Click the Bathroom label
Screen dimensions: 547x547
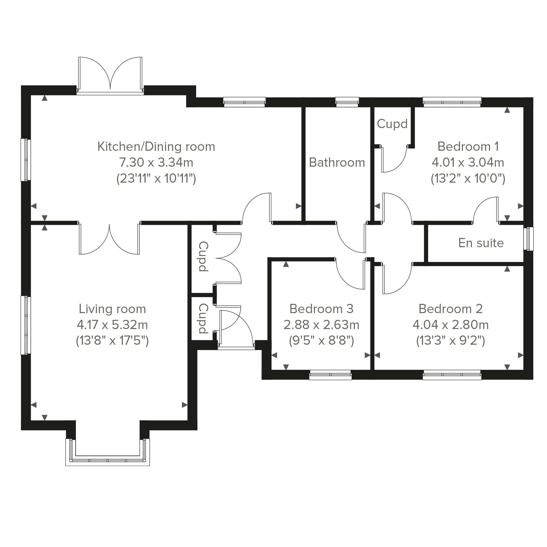pyautogui.click(x=337, y=163)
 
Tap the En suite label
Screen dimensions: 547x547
pyautogui.click(x=481, y=243)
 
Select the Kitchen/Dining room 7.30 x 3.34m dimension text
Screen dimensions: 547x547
pyautogui.click(x=156, y=163)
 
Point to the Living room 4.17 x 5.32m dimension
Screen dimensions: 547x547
pyautogui.click(x=112, y=325)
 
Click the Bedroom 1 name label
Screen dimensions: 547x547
pyautogui.click(x=468, y=146)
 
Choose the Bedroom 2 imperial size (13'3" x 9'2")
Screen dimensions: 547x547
pyautogui.click(x=451, y=341)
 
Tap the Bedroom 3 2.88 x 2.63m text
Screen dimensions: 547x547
pyautogui.click(x=321, y=325)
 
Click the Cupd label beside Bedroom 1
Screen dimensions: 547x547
pyautogui.click(x=392, y=124)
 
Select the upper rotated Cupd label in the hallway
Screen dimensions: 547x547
pyautogui.click(x=203, y=257)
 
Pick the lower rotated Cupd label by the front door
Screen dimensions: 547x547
pyautogui.click(x=203, y=318)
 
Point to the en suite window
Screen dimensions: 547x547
pyautogui.click(x=528, y=239)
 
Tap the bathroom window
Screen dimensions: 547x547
pyautogui.click(x=347, y=102)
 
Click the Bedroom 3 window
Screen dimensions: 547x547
pyautogui.click(x=330, y=375)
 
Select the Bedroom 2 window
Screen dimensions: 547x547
pyautogui.click(x=452, y=375)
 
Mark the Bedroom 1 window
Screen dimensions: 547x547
pyautogui.click(x=452, y=102)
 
